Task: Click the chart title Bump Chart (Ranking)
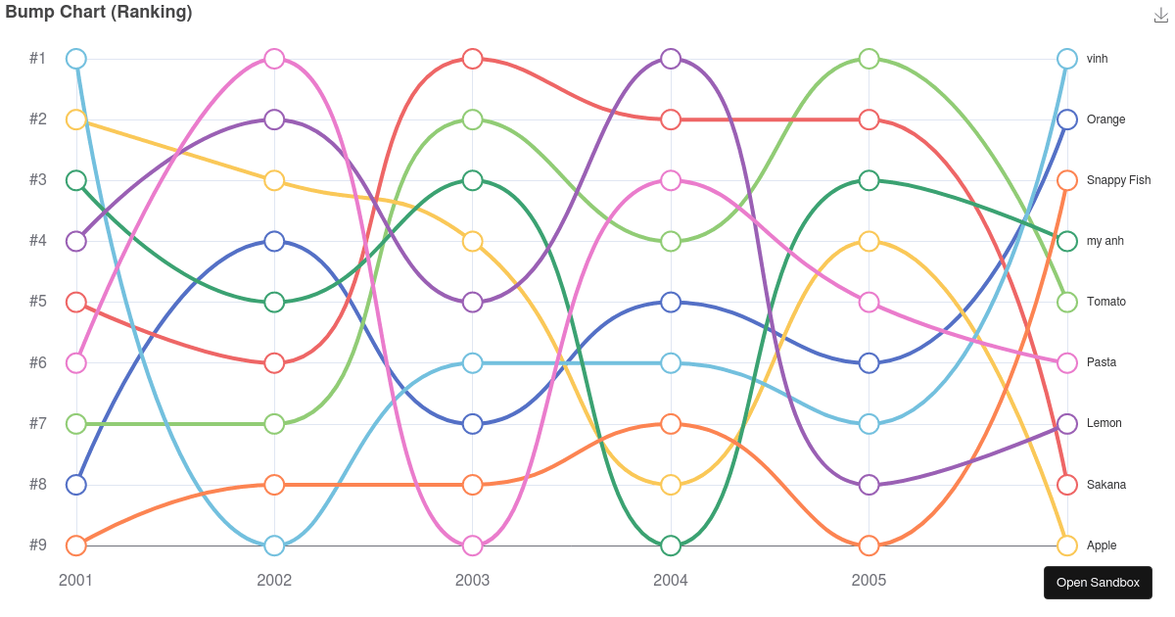(x=99, y=13)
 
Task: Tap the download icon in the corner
(x=1161, y=15)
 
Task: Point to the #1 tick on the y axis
(x=38, y=59)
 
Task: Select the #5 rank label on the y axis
(x=38, y=302)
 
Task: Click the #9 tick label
(x=38, y=546)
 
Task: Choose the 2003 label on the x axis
(x=472, y=581)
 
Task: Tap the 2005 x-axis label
(x=869, y=581)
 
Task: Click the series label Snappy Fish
(x=1118, y=180)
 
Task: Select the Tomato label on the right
(x=1105, y=302)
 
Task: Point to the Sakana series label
(x=1106, y=485)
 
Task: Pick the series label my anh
(x=1105, y=241)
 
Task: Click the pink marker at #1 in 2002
(x=274, y=59)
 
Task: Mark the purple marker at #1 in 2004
(x=671, y=59)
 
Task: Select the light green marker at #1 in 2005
(x=869, y=59)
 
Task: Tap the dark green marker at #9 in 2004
(x=671, y=546)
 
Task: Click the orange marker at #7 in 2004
(x=671, y=424)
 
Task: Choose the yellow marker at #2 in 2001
(x=76, y=119)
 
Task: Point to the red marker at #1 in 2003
(x=472, y=59)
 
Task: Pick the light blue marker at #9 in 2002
(x=274, y=546)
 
